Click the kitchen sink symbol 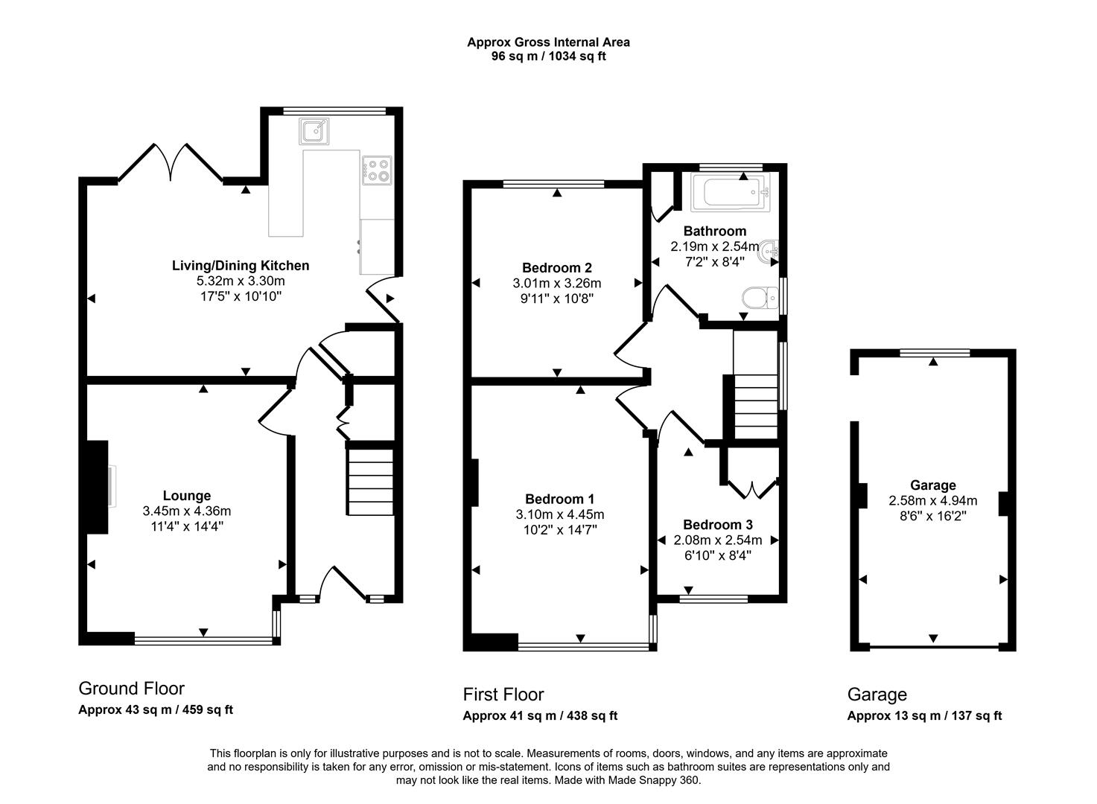314,131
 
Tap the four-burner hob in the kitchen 377,170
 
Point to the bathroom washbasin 768,252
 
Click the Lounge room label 187,495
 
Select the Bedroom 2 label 556,267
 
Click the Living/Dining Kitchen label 241,265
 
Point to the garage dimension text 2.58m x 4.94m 932,501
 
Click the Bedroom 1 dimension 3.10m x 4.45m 559,514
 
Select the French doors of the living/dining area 171,162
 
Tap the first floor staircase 756,406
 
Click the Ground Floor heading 131,689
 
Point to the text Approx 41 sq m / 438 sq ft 540,716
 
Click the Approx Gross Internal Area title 548,42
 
